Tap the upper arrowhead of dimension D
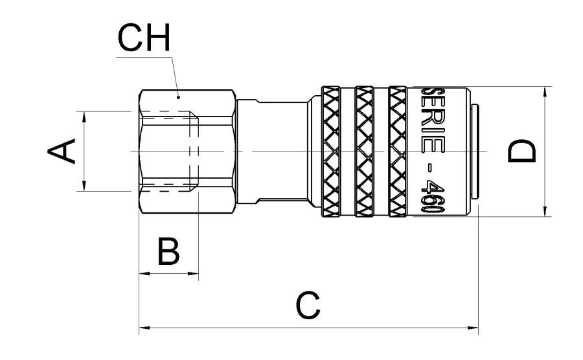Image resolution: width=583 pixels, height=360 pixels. click(x=546, y=91)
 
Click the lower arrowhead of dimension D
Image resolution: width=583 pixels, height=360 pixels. click(x=546, y=211)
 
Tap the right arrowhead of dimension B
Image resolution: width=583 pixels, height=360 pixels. click(x=194, y=273)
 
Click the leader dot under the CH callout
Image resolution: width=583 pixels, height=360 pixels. click(x=179, y=97)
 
